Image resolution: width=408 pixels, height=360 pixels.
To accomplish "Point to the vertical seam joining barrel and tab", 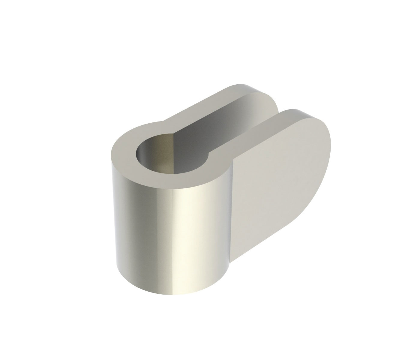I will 231,210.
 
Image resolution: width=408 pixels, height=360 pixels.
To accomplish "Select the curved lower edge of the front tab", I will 288,228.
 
